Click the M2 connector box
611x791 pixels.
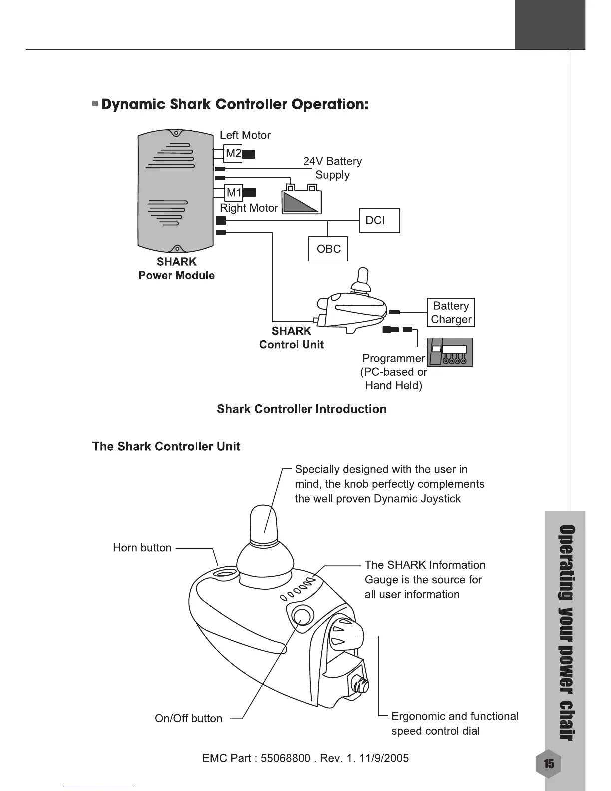tap(233, 153)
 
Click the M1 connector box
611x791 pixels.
tap(234, 192)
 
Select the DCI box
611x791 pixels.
tap(379, 220)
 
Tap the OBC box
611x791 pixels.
tap(328, 249)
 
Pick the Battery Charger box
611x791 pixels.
tap(451, 313)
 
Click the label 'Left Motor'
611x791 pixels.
tap(245, 135)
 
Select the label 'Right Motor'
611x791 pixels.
tap(249, 208)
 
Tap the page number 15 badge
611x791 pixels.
tap(548, 764)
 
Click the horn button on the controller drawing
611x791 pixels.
tap(225, 572)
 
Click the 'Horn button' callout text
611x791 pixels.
tap(142, 548)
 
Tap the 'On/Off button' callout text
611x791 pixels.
tap(188, 718)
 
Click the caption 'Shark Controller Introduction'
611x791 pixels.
tap(302, 409)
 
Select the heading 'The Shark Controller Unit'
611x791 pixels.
tap(166, 446)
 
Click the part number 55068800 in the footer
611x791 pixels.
tap(285, 758)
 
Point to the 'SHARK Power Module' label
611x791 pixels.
tap(176, 269)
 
